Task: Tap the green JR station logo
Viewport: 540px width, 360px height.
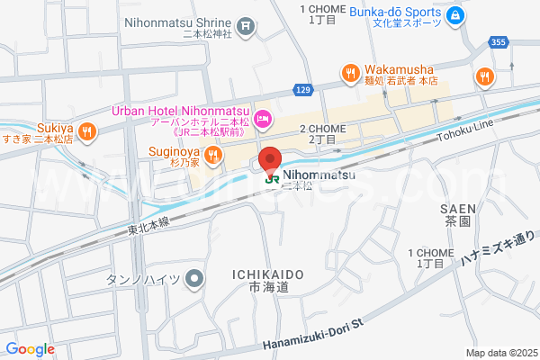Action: (x=269, y=178)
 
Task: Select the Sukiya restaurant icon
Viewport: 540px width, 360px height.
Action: (x=86, y=132)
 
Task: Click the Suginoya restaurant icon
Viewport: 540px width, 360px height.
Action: (x=212, y=157)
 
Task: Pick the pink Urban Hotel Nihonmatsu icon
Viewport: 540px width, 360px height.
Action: (x=262, y=117)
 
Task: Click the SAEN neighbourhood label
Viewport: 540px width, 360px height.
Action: (x=458, y=208)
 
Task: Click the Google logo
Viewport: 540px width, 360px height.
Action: (x=30, y=349)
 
